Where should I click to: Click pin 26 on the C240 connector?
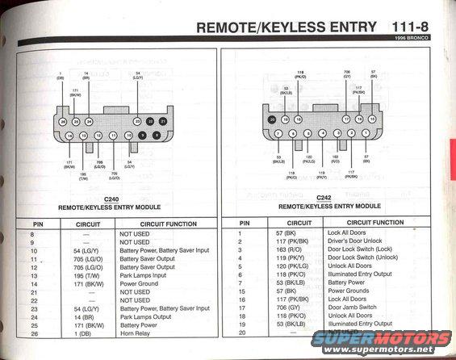(62, 121)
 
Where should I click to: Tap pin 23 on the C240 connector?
(137, 120)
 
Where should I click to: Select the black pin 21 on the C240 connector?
(163, 120)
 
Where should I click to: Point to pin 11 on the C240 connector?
(114, 136)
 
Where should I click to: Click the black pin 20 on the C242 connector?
(272, 119)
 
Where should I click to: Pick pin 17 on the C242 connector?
(347, 119)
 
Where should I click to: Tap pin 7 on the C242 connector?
(278, 133)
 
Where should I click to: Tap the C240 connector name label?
(111, 199)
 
